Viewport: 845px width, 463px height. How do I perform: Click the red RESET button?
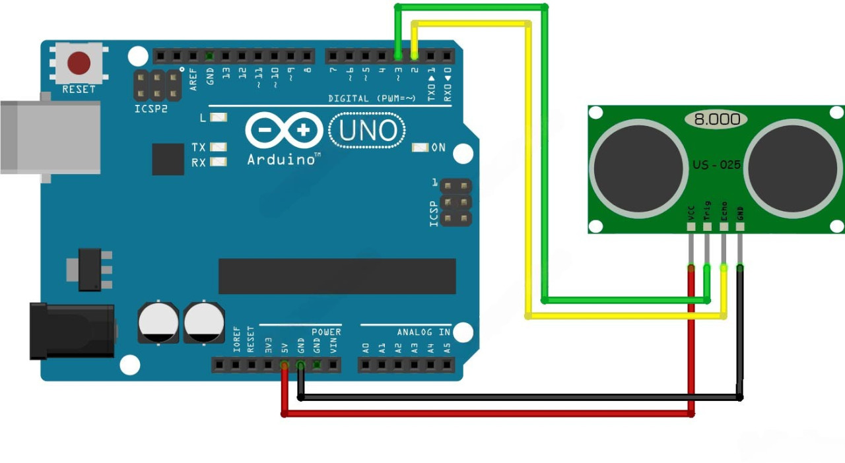point(79,63)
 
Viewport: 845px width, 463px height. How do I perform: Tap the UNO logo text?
point(367,131)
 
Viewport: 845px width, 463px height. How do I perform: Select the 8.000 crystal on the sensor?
point(716,119)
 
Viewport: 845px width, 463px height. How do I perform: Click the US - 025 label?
point(716,165)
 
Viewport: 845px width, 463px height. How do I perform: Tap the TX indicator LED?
point(219,147)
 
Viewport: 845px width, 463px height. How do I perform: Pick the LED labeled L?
point(219,117)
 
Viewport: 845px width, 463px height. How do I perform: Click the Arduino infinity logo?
point(284,131)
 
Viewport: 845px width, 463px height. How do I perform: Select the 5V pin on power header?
point(285,365)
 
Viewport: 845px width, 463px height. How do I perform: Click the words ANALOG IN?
point(423,332)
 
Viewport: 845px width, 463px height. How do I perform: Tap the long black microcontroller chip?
point(337,276)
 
